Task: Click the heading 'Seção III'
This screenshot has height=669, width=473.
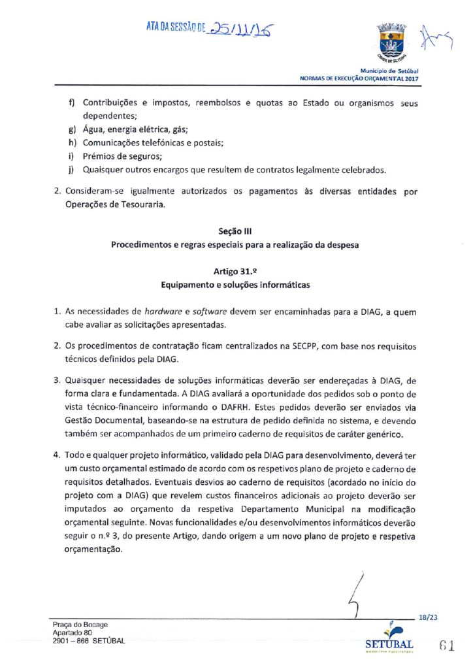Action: tap(236, 231)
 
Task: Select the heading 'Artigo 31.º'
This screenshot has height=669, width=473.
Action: tap(236, 271)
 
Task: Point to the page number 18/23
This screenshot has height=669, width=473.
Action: tap(428, 617)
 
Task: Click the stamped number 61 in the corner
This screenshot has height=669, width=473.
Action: tap(448, 645)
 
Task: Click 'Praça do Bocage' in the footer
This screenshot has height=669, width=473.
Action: tap(80, 625)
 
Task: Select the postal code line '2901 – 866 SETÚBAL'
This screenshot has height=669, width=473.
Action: tap(88, 641)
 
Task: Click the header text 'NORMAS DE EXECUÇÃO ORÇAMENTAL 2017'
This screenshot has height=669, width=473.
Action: tap(359, 79)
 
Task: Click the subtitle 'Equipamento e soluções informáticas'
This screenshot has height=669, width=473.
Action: tap(236, 286)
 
